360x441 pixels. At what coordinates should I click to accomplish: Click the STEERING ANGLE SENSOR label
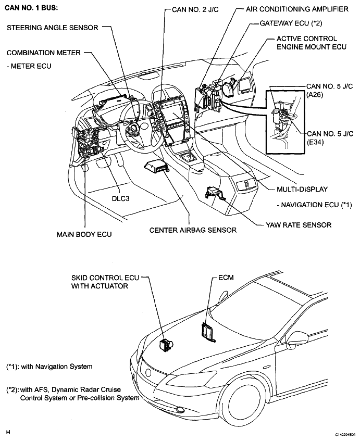[x=52, y=28]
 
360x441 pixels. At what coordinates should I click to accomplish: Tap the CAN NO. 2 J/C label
[x=195, y=10]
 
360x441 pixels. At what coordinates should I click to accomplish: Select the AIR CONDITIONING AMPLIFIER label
[x=297, y=9]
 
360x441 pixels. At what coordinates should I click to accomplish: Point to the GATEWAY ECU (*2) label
[x=291, y=23]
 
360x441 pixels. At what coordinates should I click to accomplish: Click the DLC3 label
[x=121, y=198]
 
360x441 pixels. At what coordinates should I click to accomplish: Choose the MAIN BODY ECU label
[x=84, y=234]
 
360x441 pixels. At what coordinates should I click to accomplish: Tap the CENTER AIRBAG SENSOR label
[x=193, y=230]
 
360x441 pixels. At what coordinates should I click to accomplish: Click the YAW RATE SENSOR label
[x=299, y=225]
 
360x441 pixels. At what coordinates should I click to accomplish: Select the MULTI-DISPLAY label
[x=302, y=190]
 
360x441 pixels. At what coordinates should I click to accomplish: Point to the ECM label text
[x=226, y=278]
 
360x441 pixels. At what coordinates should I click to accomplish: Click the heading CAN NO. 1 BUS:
[x=31, y=8]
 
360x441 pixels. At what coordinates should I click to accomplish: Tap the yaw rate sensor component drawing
[x=215, y=193]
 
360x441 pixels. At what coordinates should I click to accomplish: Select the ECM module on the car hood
[x=207, y=332]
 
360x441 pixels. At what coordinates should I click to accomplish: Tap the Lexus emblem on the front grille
[x=148, y=373]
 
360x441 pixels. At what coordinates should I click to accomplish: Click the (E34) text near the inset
[x=315, y=142]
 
